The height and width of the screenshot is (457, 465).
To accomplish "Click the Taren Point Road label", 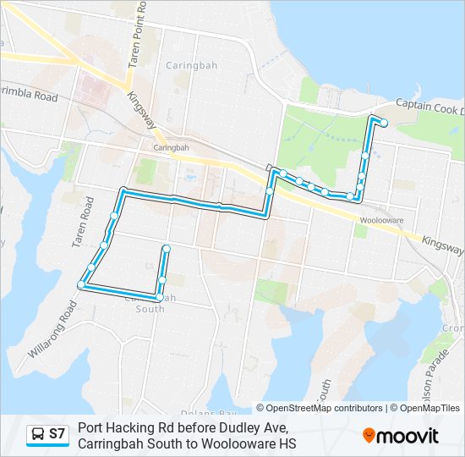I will pos(136,35).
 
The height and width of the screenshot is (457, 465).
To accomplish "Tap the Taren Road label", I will pos(82,223).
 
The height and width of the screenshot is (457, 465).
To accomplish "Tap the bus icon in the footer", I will pos(38,434).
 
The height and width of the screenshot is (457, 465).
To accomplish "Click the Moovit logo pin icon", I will pos(369,436).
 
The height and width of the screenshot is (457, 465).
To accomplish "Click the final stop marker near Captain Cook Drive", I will pos(384,123).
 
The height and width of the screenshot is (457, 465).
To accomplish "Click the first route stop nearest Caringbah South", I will pos(166,248).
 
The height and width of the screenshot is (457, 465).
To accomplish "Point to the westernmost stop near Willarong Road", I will pos(82,285).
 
